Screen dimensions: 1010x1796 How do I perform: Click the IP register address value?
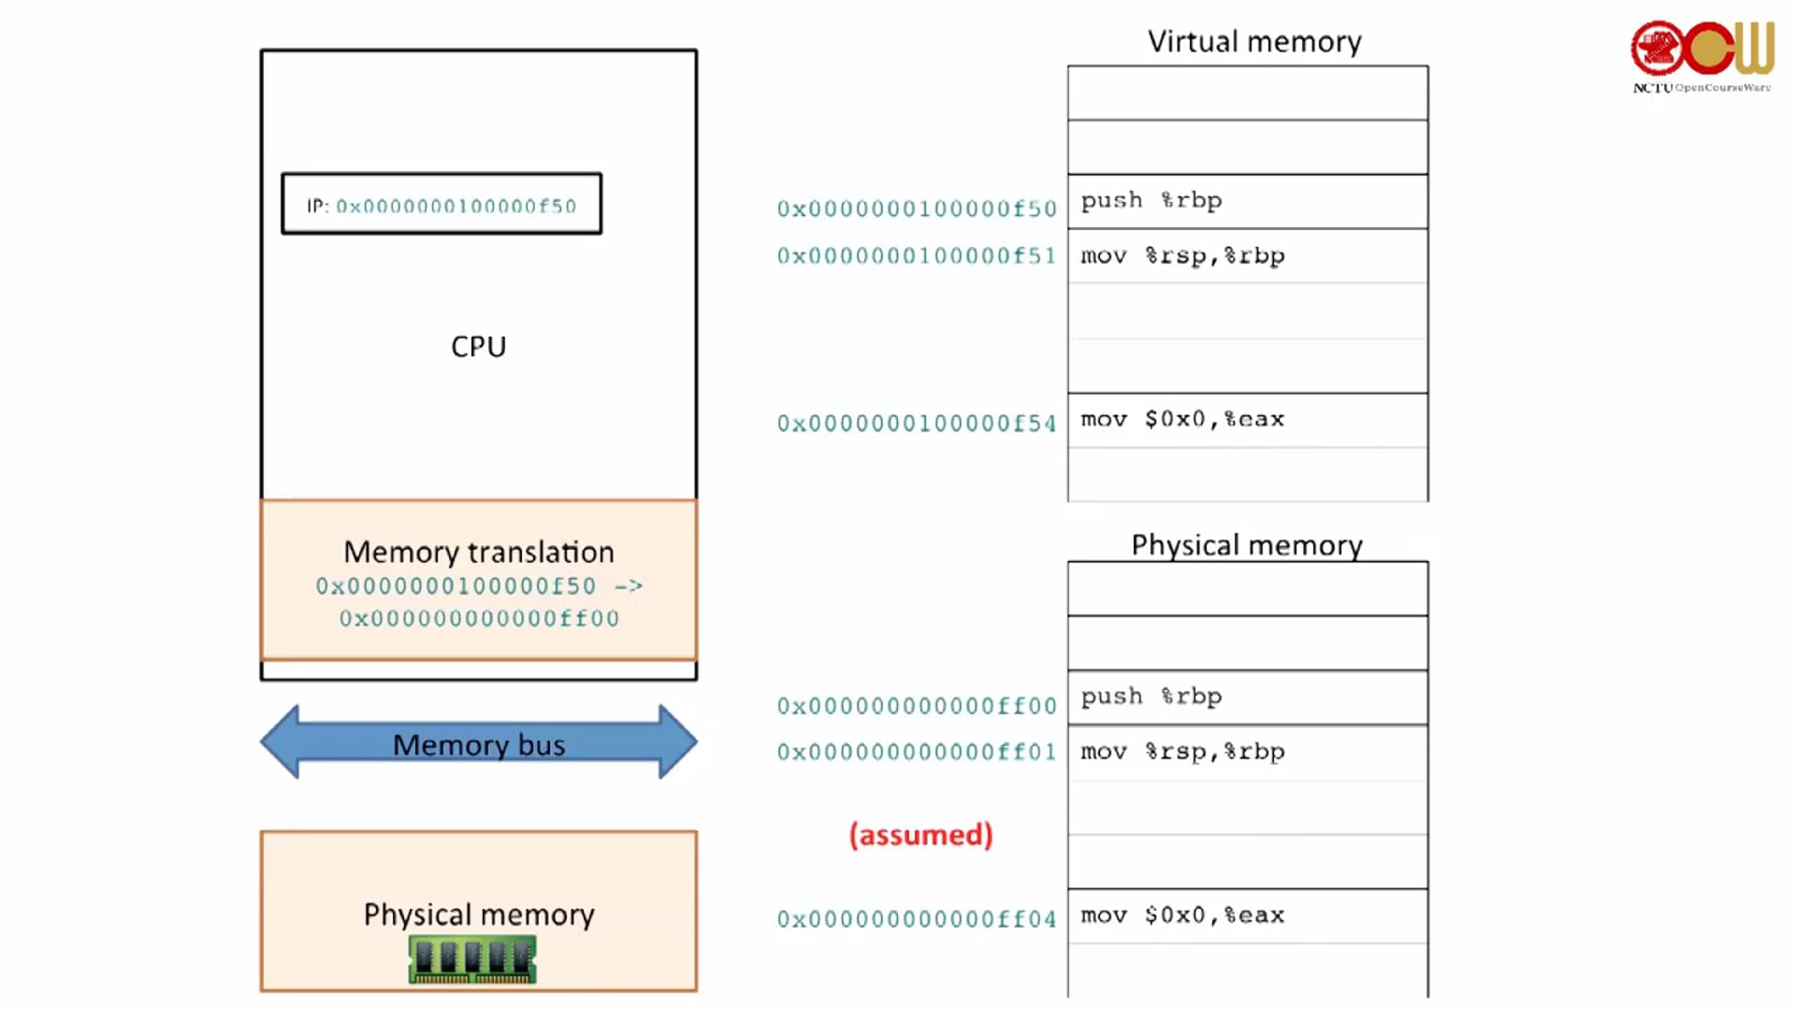pos(456,206)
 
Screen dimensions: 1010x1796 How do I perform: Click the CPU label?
pos(478,347)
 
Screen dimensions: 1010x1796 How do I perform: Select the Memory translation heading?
pos(478,552)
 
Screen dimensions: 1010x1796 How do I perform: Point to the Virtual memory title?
pos(1254,41)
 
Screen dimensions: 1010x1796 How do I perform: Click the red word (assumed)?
pos(920,834)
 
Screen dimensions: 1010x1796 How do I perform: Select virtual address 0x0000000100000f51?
pos(917,256)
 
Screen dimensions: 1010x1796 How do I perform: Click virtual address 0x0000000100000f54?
pos(917,424)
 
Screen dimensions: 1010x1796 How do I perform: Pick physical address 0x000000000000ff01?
pos(917,752)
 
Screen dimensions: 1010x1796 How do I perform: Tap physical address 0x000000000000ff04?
pos(917,919)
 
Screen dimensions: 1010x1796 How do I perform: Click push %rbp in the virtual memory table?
pos(1151,201)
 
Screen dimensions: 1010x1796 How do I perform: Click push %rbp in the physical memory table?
pos(1151,697)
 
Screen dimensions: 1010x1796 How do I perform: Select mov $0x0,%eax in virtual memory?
pos(1182,420)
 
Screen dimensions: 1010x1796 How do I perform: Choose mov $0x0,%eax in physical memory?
pos(1182,916)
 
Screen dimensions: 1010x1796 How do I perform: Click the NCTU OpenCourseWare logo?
pos(1702,56)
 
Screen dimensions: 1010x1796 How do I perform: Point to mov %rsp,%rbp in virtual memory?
pos(1182,256)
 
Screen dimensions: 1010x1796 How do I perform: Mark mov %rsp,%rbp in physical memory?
pos(1182,752)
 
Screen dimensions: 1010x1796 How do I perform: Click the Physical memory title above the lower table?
pos(1247,544)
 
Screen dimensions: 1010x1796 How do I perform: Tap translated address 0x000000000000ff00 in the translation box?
pos(479,618)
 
